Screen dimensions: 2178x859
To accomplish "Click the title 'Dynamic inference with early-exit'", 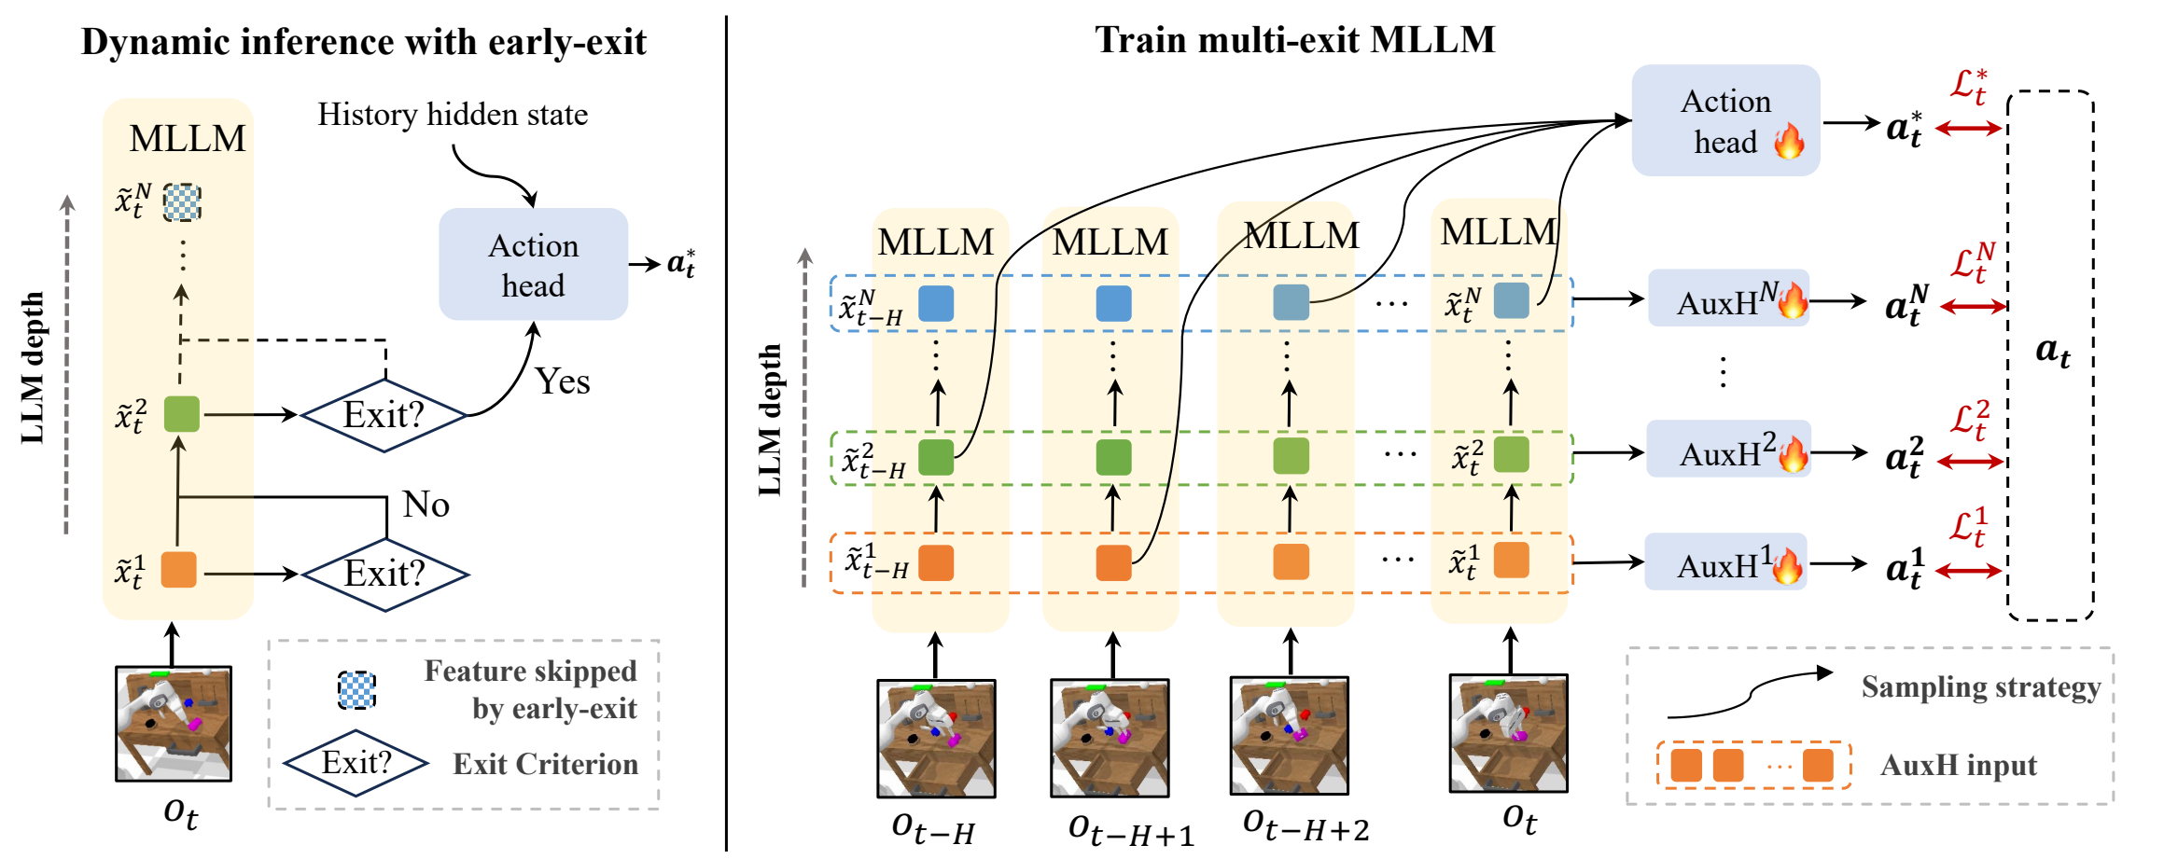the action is point(363,43).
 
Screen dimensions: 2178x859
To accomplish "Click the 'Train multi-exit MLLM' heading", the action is point(1294,40).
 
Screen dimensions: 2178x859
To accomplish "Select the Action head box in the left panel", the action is point(533,264).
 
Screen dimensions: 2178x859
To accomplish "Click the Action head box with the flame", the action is point(1725,120).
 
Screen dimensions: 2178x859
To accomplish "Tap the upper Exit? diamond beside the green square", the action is point(384,415).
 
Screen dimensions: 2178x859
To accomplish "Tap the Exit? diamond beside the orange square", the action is point(384,575).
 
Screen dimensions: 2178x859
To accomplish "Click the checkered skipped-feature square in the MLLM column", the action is point(182,201).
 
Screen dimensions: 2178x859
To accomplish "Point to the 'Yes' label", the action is point(563,381).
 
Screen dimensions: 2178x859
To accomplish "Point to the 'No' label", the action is point(426,505).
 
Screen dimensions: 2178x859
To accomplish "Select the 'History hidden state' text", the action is point(453,115).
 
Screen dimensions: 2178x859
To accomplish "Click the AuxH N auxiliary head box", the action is point(1728,298).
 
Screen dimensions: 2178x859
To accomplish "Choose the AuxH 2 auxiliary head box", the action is point(1728,449).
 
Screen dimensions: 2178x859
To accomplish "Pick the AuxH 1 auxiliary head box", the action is point(1725,561).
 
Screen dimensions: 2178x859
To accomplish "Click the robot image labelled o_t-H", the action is point(936,739).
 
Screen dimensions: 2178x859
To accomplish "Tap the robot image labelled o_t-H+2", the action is point(1290,736).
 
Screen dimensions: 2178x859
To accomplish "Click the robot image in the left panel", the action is point(174,724).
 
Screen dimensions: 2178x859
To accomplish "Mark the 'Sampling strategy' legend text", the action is point(1981,687).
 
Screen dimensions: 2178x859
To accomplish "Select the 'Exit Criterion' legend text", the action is point(546,764).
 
